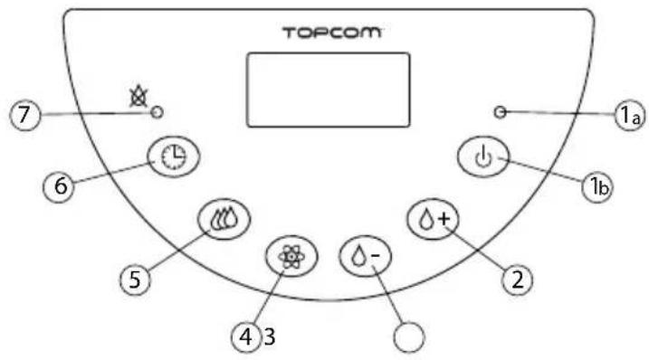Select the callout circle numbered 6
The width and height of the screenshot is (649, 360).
(x=60, y=185)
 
